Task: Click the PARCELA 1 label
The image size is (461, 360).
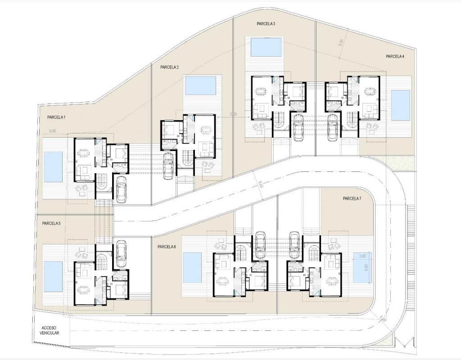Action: click(x=56, y=117)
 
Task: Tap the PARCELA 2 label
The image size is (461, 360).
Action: click(x=170, y=67)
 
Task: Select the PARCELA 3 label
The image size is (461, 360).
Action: click(x=266, y=24)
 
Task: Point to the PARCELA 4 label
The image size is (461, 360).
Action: click(x=395, y=56)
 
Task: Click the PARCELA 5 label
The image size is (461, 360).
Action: click(x=51, y=223)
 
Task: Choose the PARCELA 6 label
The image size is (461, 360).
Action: click(x=167, y=247)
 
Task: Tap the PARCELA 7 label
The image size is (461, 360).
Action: click(x=352, y=198)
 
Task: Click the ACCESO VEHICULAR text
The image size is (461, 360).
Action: click(x=50, y=330)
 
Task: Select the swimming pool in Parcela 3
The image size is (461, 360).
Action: click(x=266, y=47)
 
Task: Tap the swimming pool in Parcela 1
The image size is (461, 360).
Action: click(x=53, y=167)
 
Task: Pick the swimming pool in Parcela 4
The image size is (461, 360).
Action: click(x=401, y=105)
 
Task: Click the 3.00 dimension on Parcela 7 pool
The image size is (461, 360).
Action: click(x=362, y=256)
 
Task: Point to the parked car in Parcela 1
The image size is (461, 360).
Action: click(x=122, y=189)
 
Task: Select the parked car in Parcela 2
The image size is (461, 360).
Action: click(x=168, y=166)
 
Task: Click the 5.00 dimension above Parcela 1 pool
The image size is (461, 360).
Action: click(x=52, y=131)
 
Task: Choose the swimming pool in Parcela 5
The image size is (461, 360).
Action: click(x=53, y=277)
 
